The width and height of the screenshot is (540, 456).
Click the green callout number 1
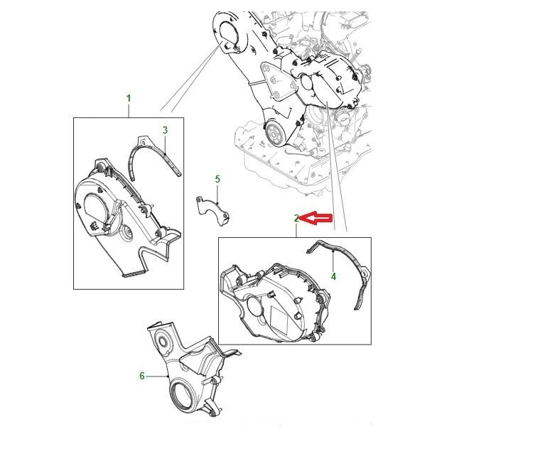pyautogui.click(x=129, y=99)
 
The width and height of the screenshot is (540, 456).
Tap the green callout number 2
pyautogui.click(x=296, y=218)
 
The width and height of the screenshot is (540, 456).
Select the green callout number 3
pyautogui.click(x=166, y=130)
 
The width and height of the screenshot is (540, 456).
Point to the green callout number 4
pyautogui.click(x=333, y=276)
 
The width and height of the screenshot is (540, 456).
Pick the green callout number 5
pyautogui.click(x=217, y=179)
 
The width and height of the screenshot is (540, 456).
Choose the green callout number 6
pyautogui.click(x=142, y=376)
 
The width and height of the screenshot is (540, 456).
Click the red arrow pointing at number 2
pyautogui.click(x=316, y=218)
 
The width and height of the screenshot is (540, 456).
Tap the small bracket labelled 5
pyautogui.click(x=212, y=210)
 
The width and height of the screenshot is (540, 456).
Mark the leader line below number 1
pyautogui.click(x=129, y=110)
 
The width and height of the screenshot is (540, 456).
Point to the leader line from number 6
pyautogui.click(x=157, y=376)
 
